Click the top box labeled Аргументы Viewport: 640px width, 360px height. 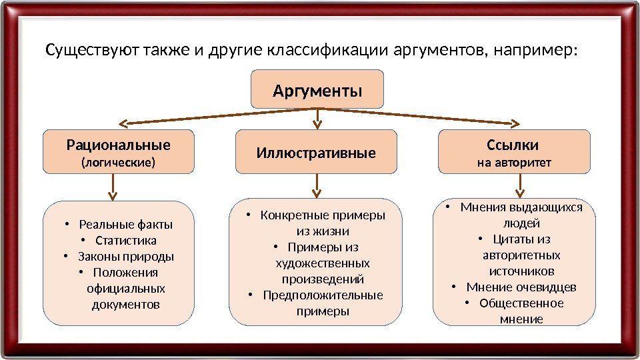317,89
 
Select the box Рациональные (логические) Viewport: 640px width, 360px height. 118,152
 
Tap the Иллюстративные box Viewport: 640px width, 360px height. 317,153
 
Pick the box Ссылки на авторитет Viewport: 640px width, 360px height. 513,152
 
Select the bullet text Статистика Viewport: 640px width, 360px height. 126,240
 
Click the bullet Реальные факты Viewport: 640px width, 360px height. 125,224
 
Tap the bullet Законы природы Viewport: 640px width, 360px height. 126,256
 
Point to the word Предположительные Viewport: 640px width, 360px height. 323,295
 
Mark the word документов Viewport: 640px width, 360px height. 126,305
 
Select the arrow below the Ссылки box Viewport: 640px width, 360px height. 513,185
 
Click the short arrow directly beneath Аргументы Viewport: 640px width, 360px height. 317,118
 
